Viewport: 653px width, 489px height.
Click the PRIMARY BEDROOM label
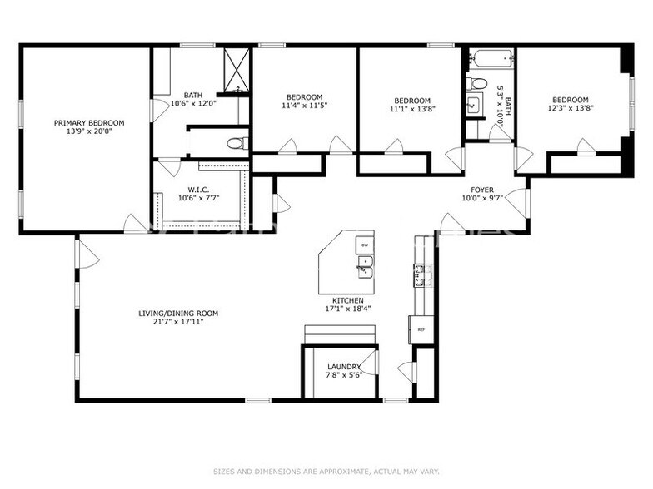83,123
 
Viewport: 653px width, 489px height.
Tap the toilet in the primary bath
237,144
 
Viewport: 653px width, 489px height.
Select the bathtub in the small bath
490,60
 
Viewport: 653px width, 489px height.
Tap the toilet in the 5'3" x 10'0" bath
477,82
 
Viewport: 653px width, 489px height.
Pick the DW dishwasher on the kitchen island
364,244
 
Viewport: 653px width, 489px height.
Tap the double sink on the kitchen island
364,266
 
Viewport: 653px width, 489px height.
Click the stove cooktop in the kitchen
421,274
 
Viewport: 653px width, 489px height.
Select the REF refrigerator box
421,329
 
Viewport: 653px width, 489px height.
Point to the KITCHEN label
348,299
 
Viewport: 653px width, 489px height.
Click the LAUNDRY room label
344,367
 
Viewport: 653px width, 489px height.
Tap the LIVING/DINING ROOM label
178,314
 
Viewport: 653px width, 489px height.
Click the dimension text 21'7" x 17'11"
178,322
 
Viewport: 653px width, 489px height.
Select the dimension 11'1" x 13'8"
411,109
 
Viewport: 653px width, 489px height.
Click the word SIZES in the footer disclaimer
226,471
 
